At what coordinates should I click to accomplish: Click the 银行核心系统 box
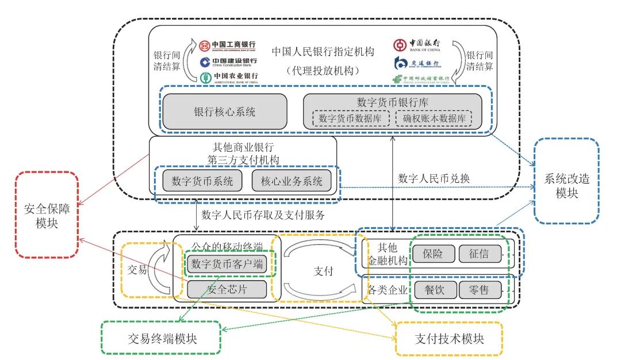click(x=224, y=112)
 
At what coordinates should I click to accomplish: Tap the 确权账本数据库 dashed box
click(x=434, y=118)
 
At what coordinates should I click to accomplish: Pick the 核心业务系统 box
click(x=292, y=181)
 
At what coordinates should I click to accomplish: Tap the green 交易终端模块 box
click(x=161, y=338)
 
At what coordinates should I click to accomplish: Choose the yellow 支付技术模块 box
click(x=449, y=338)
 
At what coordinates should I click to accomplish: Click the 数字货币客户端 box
click(x=227, y=265)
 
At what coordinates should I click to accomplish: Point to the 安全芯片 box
click(x=227, y=289)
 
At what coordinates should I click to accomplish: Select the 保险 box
click(x=435, y=254)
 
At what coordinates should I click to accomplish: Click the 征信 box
click(x=480, y=254)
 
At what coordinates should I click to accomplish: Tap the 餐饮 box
click(x=435, y=290)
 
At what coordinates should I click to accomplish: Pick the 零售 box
click(x=480, y=290)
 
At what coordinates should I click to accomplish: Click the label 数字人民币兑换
click(x=434, y=178)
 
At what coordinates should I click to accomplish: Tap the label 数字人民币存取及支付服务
click(x=263, y=215)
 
